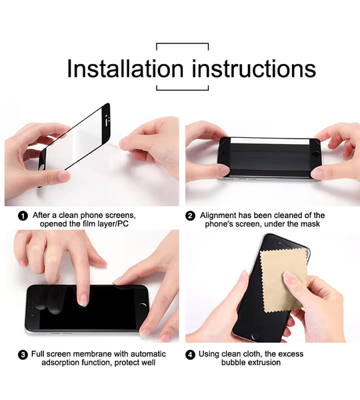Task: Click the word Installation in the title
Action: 125,68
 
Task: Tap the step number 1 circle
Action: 23,215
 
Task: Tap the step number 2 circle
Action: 191,215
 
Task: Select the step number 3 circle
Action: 23,355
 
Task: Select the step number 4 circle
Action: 191,355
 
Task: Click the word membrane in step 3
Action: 97,354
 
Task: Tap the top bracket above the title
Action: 182,45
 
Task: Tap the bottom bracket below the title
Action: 182,88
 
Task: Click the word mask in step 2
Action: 311,224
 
